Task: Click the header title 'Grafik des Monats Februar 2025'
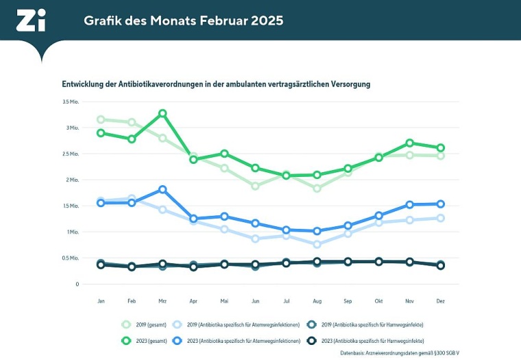[x=183, y=21]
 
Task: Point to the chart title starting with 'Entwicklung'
[x=217, y=84]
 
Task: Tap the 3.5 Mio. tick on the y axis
[x=71, y=101]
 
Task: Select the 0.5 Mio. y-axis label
[x=71, y=258]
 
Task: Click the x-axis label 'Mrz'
[x=162, y=301]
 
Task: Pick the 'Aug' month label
[x=317, y=301]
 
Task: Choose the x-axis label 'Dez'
[x=440, y=301]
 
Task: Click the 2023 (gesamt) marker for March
[x=162, y=113]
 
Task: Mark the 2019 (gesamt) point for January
[x=101, y=119]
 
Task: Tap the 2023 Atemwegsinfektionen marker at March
[x=162, y=189]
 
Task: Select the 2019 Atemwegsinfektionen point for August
[x=317, y=244]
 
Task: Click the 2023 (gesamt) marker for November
[x=409, y=143]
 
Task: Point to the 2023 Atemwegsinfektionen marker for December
[x=440, y=204]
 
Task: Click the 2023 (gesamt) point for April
[x=193, y=159]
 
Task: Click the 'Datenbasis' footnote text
[x=399, y=353]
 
